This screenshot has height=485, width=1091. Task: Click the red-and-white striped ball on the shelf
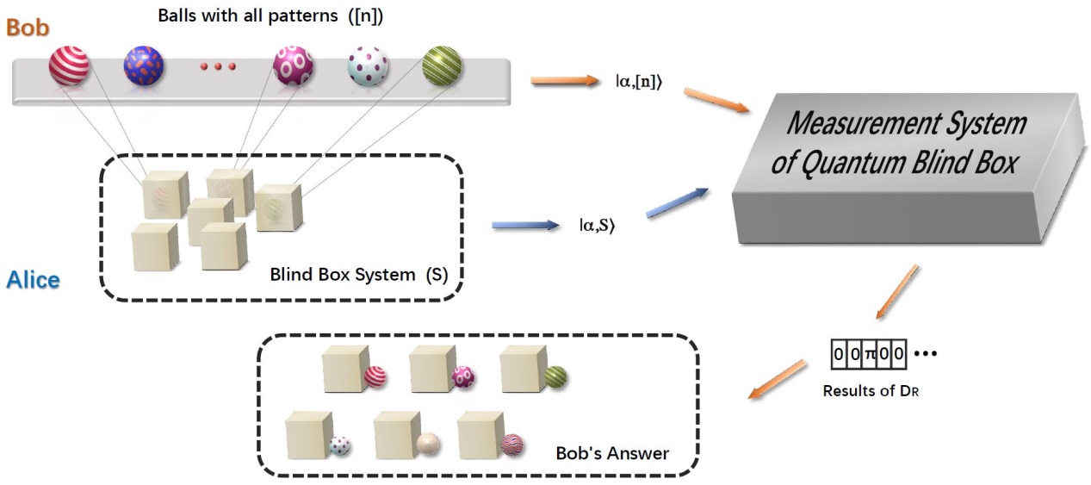click(x=69, y=66)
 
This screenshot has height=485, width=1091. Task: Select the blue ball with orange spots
click(x=144, y=66)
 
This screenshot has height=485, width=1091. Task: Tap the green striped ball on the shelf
click(x=442, y=66)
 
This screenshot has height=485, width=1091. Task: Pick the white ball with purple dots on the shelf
click(x=368, y=66)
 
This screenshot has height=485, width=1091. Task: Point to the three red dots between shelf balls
click(x=218, y=66)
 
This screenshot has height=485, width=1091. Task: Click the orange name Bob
click(x=28, y=27)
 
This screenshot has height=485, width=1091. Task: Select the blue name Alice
click(x=33, y=280)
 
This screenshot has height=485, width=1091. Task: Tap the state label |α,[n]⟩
click(x=637, y=84)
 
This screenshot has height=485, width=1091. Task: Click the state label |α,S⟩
click(x=597, y=227)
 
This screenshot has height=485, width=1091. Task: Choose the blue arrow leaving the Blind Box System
click(x=525, y=226)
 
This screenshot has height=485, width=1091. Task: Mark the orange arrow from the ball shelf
click(x=564, y=82)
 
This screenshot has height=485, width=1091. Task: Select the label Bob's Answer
click(x=612, y=452)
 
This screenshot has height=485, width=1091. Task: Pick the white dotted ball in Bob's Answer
click(x=339, y=445)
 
